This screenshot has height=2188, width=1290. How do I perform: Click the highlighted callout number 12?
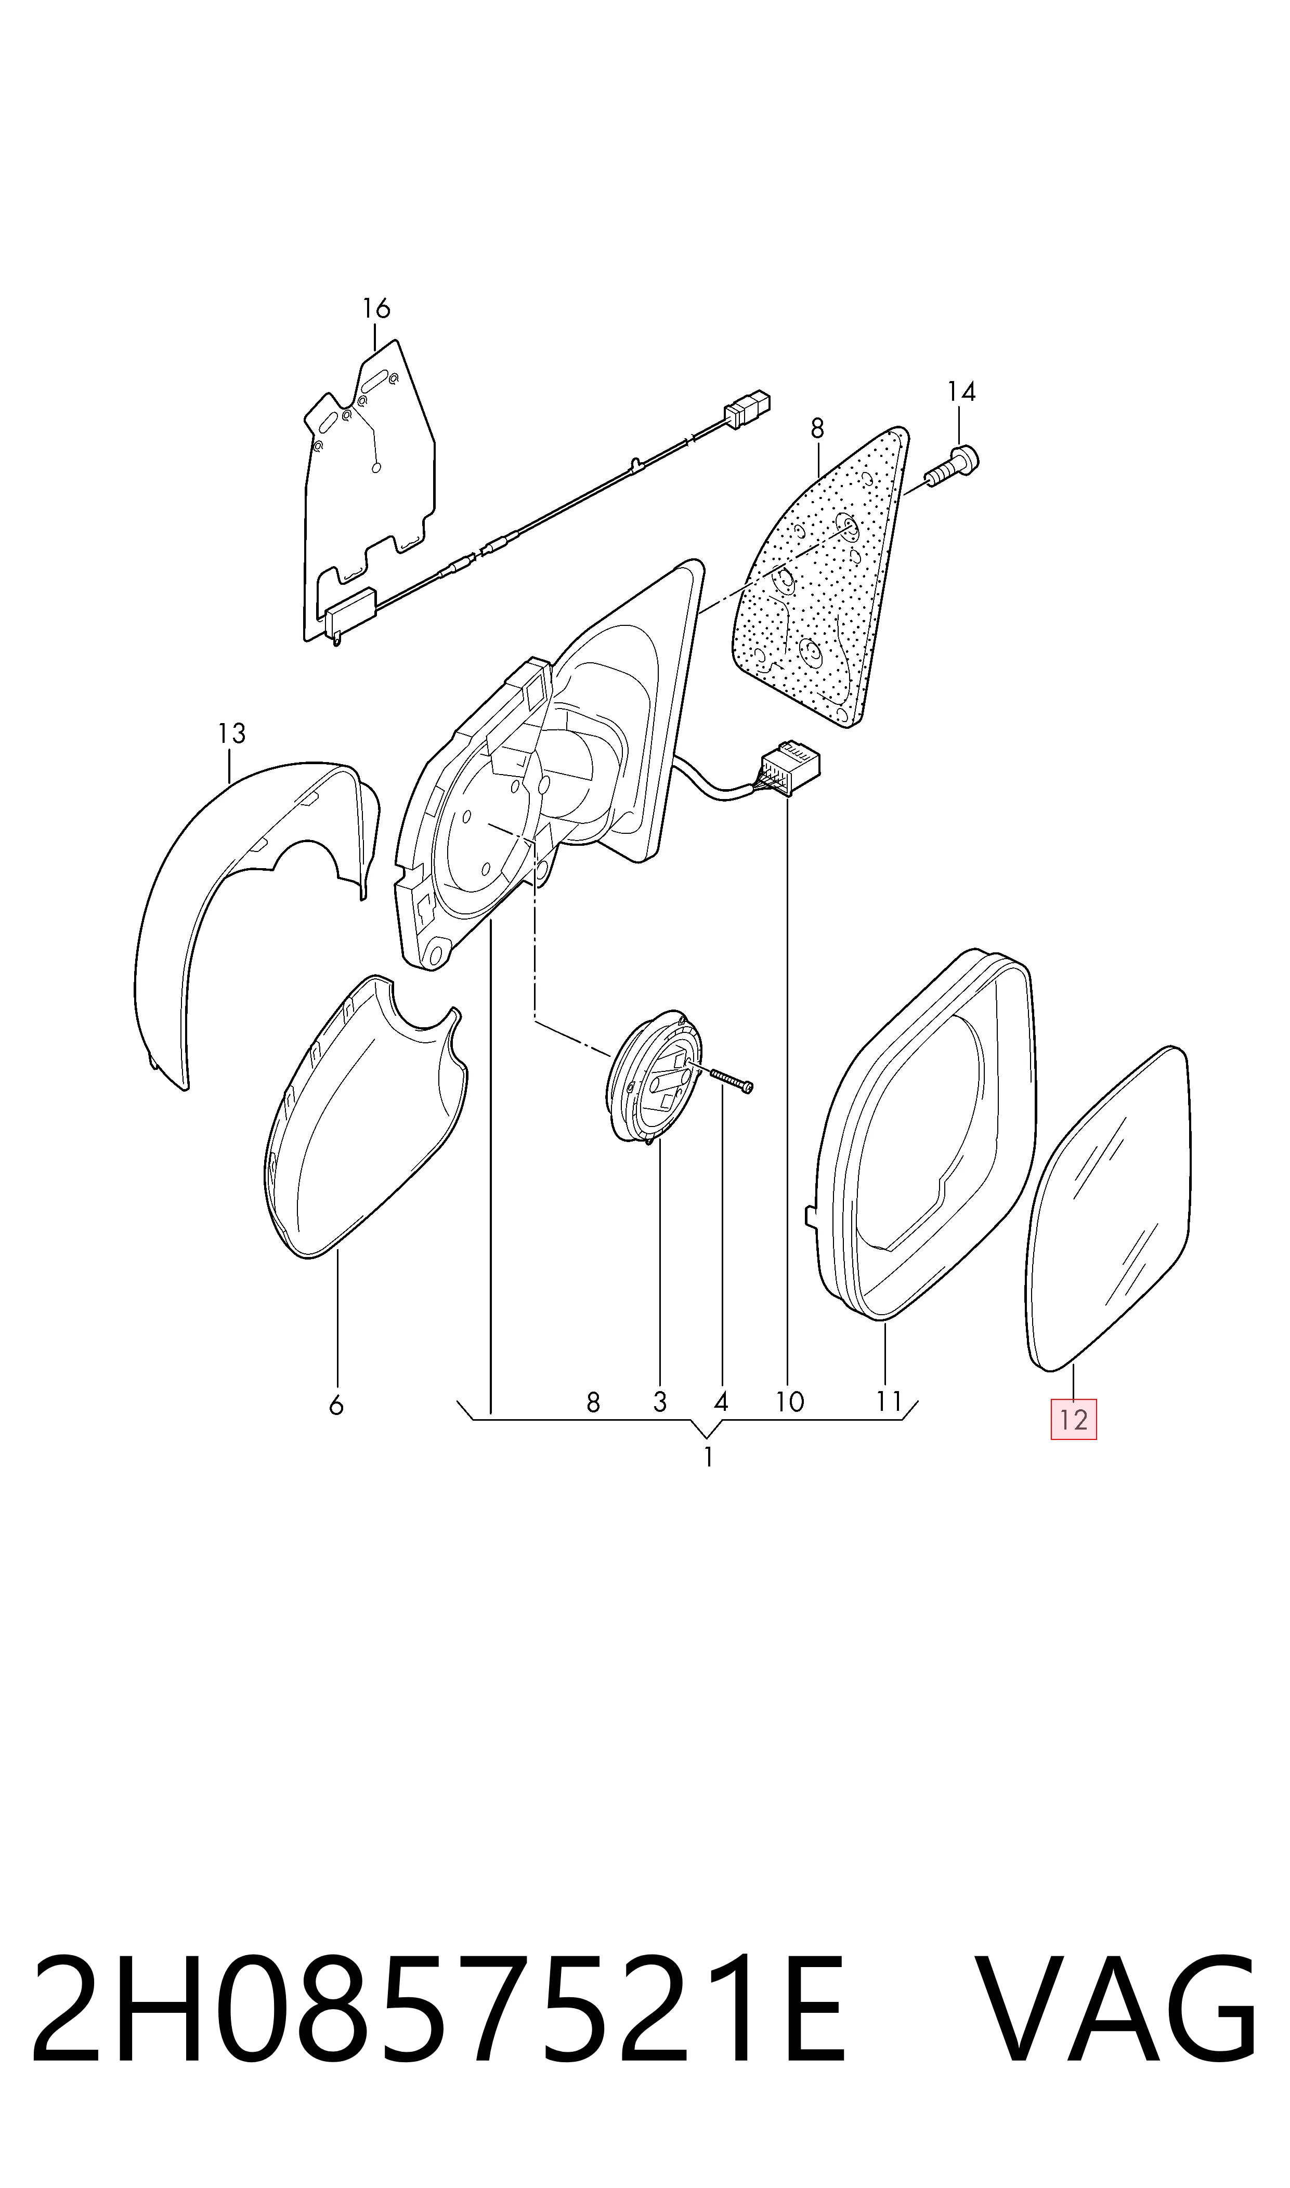pyautogui.click(x=1074, y=1419)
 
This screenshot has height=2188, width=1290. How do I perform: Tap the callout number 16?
pyautogui.click(x=376, y=308)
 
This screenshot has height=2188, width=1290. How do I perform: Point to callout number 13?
pyautogui.click(x=231, y=734)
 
